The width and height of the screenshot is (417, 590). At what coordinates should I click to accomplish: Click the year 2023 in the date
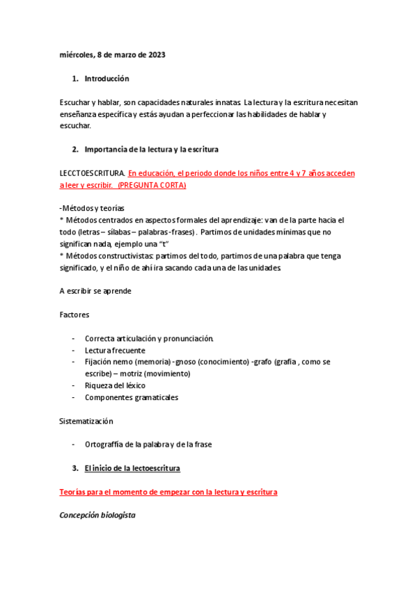155,55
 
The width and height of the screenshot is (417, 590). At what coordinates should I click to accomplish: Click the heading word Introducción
107,79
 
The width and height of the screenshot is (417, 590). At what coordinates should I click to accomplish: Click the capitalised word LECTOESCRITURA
92,173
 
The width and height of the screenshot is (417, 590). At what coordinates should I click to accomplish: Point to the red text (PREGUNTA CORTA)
152,186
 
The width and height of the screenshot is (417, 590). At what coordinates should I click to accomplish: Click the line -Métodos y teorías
92,208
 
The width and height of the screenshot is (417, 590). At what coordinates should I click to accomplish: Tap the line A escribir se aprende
96,291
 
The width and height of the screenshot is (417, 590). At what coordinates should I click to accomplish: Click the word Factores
74,314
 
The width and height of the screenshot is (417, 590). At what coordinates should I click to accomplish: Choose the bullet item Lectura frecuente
115,350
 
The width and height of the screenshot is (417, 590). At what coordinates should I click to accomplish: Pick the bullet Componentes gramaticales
132,397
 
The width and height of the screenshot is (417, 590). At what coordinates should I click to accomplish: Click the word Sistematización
86,421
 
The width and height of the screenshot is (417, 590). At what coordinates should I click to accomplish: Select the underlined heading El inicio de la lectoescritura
132,468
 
